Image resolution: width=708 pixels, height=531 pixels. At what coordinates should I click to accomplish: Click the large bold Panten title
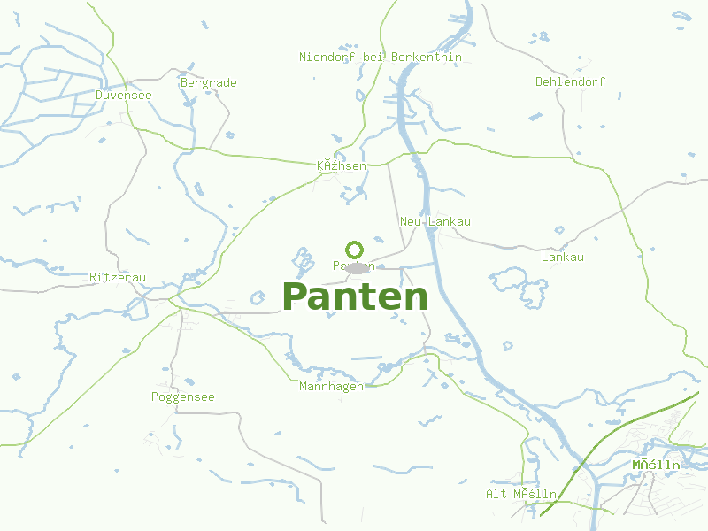click(355, 296)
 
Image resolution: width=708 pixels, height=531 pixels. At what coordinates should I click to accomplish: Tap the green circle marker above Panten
click(354, 250)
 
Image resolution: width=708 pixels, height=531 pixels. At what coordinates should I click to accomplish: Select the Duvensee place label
click(124, 95)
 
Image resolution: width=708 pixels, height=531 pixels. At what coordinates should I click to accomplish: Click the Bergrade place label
click(208, 83)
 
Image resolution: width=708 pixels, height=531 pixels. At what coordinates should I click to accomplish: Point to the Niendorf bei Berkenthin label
click(381, 58)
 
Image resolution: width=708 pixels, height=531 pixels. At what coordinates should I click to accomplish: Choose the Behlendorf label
click(570, 81)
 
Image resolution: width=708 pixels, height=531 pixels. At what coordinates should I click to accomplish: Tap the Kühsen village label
click(342, 165)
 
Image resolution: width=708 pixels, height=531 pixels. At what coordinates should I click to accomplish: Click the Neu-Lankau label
click(435, 221)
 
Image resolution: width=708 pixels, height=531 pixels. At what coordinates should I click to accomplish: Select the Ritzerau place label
click(118, 278)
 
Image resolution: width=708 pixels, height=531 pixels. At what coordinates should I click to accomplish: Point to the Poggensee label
click(182, 397)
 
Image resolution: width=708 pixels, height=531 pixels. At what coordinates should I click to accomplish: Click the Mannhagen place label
click(331, 387)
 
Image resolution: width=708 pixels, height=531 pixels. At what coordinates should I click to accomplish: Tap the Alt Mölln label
click(521, 494)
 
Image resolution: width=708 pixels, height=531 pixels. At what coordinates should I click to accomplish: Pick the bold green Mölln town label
click(656, 465)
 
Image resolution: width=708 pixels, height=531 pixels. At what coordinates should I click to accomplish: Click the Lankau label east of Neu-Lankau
click(562, 258)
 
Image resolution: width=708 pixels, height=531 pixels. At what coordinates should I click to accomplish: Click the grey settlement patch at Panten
click(358, 267)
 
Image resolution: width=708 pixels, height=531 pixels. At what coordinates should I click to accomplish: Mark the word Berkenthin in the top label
click(426, 58)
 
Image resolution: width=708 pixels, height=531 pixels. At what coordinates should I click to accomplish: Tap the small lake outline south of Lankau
click(520, 283)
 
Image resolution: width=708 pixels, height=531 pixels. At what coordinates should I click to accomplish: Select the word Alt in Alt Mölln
click(496, 494)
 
